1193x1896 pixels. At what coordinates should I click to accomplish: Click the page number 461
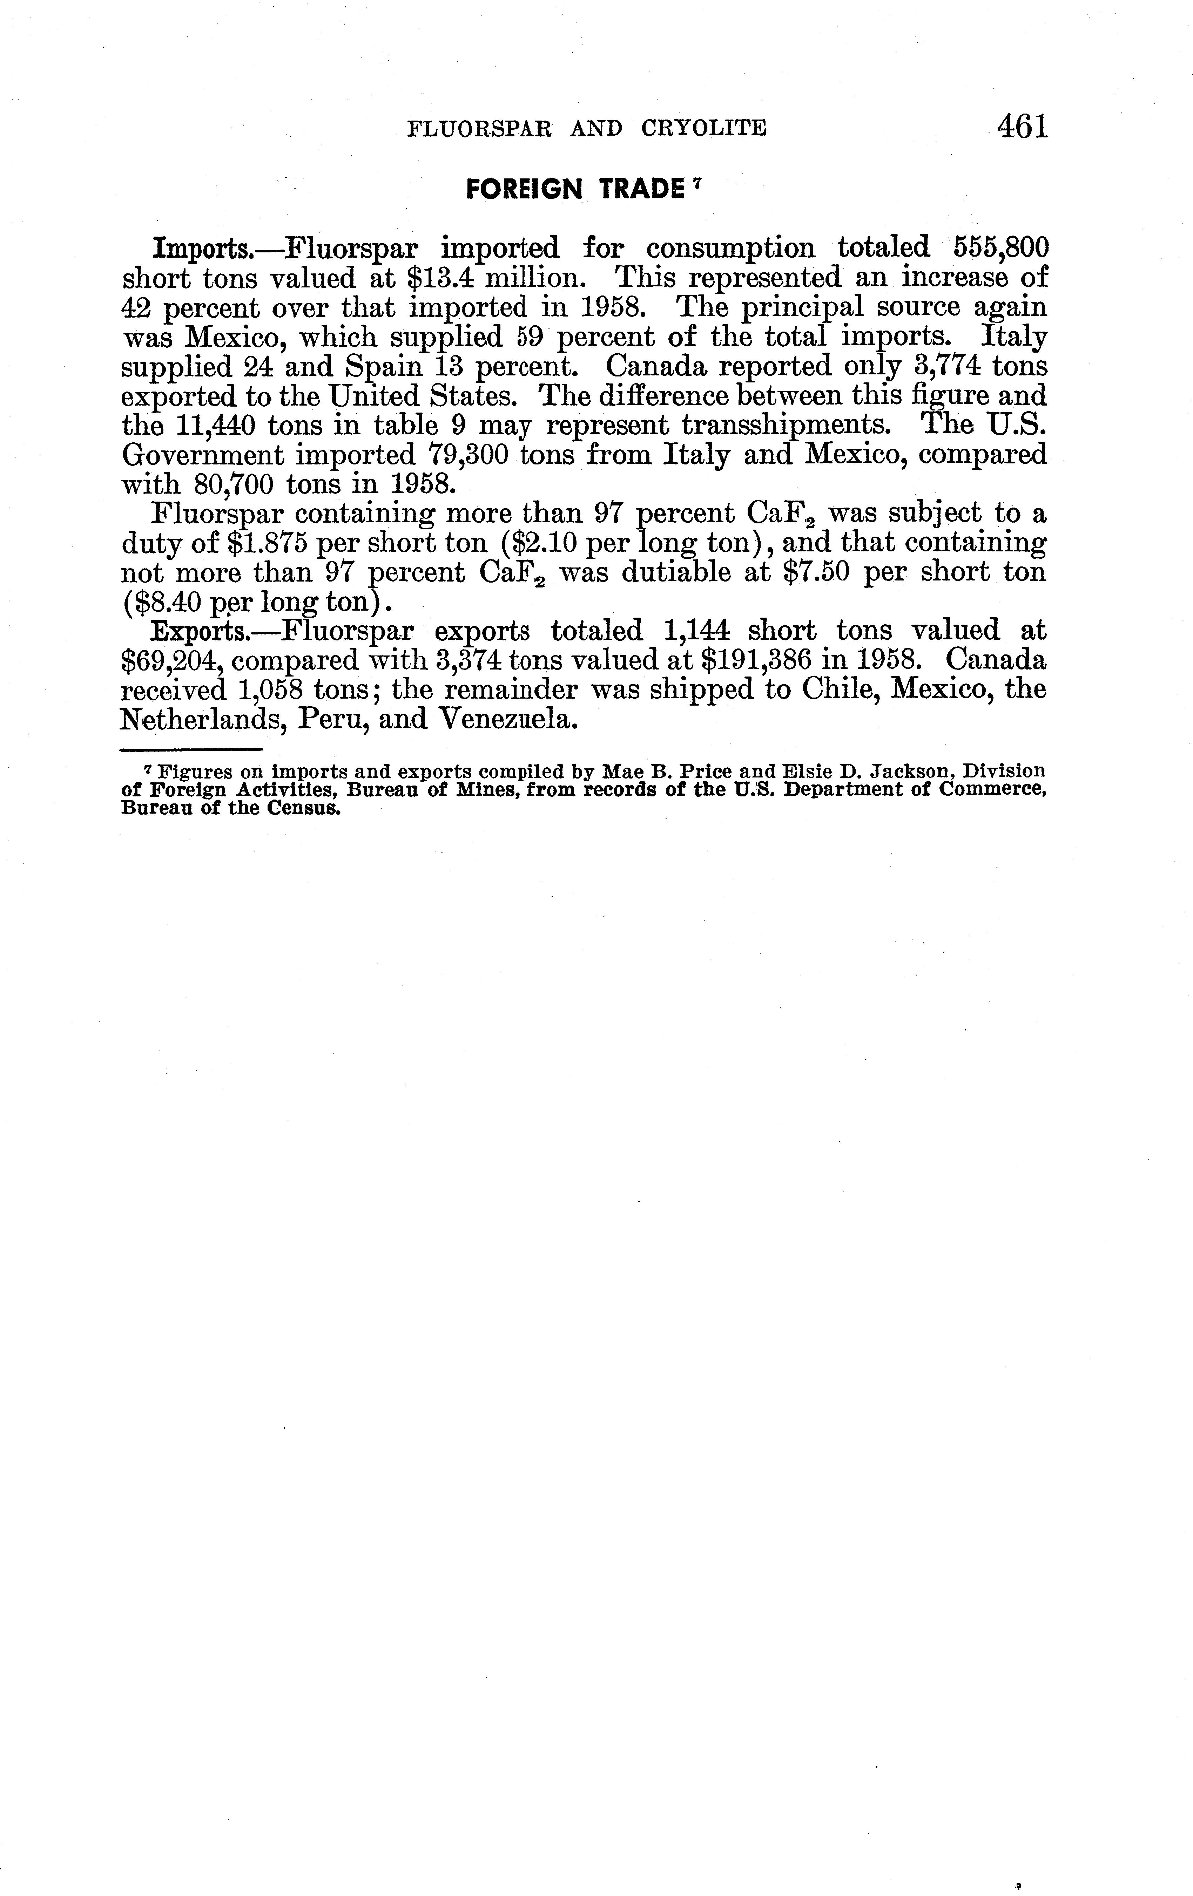point(1022,126)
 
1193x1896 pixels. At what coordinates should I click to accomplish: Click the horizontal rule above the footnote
point(191,749)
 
